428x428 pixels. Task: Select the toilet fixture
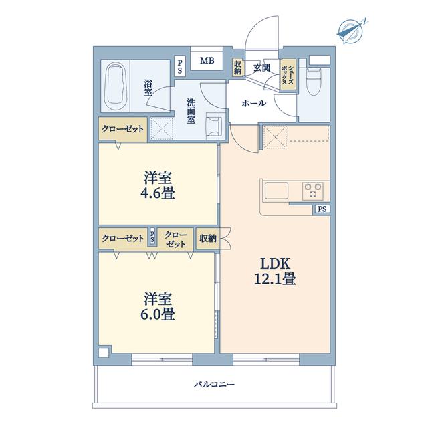click(314, 81)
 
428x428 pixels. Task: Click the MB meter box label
click(207, 61)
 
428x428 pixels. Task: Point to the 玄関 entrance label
click(261, 68)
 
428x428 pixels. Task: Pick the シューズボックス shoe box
click(288, 74)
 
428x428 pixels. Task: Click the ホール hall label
click(253, 103)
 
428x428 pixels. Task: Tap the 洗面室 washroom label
click(191, 111)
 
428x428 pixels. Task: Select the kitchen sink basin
click(276, 190)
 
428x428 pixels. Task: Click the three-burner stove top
click(312, 190)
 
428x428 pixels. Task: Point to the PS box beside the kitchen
click(322, 209)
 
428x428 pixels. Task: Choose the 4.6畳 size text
click(158, 193)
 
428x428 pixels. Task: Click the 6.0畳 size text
click(158, 314)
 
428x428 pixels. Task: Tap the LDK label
click(275, 263)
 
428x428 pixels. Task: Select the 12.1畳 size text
click(275, 279)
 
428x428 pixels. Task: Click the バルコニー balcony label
click(214, 385)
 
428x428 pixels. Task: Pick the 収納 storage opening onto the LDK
click(208, 239)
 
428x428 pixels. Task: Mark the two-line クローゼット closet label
click(175, 239)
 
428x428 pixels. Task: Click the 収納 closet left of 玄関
click(237, 68)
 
